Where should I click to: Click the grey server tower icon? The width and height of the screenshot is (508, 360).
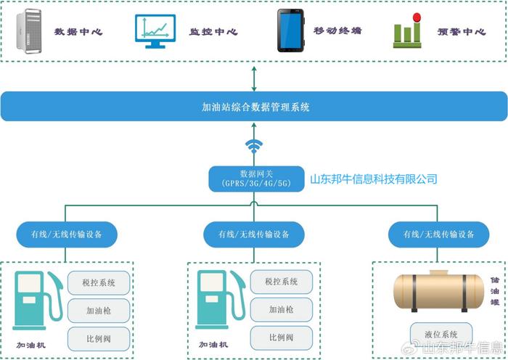coord(29,31)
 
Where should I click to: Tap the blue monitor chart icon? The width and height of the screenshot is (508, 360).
coord(155,31)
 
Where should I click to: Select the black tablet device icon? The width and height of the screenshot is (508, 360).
coord(290,30)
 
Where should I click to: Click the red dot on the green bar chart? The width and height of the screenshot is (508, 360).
coord(417,17)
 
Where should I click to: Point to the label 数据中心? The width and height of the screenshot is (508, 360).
coord(78,32)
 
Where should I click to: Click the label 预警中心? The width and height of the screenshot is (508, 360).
coord(462,32)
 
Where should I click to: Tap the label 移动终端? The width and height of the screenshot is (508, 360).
coord(337,30)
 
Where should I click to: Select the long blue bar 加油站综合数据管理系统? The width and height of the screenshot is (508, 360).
coord(254,106)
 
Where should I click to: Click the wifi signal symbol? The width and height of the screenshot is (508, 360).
coord(254,146)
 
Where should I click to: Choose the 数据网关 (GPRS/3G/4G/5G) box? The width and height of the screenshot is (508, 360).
coord(256,179)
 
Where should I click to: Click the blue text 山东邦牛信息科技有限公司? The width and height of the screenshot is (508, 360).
coord(374,179)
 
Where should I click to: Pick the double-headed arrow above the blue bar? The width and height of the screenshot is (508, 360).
coord(254,78)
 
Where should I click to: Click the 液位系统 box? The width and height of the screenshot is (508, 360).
coord(441,334)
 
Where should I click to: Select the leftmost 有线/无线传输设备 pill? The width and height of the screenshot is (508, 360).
coord(67,234)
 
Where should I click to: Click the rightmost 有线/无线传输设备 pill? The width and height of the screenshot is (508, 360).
coord(438,234)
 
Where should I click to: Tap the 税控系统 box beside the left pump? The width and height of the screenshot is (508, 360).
coord(99,283)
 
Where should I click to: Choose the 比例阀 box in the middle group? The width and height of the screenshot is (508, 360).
coord(282,337)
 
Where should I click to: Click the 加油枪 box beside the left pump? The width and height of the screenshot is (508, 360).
coord(99,311)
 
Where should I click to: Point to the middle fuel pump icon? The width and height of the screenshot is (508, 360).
coord(221,300)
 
